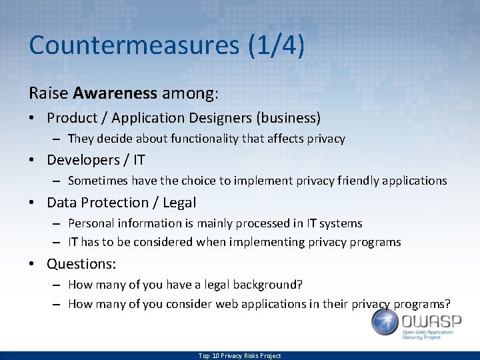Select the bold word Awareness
pos(115,93)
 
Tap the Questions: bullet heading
pos(81,263)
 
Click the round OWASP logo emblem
pos(385,322)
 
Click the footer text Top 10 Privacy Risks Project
pos(239,356)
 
